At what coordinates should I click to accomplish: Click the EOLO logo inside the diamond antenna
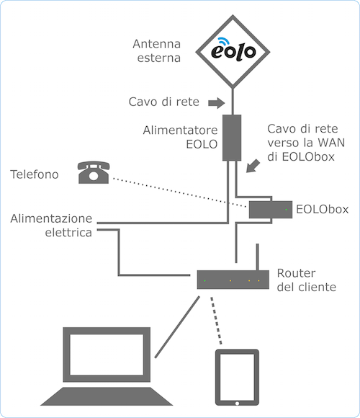(233, 50)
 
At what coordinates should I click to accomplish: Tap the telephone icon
(94, 172)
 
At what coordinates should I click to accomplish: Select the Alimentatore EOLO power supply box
(232, 138)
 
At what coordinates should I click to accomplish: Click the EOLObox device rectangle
(271, 210)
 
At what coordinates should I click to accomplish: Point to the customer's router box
(233, 280)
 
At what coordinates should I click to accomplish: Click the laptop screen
(107, 355)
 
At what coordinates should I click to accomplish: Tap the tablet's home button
(237, 404)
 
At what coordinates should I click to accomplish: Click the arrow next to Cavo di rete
(217, 103)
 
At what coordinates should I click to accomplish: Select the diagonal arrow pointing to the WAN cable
(253, 166)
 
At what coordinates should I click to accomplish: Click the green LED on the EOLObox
(287, 210)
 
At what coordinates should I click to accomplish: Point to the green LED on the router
(204, 280)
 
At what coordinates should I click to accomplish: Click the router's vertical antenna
(257, 257)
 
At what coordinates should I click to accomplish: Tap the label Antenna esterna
(157, 51)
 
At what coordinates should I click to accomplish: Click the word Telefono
(35, 174)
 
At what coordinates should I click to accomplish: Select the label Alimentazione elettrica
(51, 226)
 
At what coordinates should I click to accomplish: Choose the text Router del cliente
(307, 280)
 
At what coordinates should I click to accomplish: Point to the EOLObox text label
(323, 209)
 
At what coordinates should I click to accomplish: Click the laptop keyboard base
(107, 396)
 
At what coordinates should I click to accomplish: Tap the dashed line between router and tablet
(216, 321)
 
